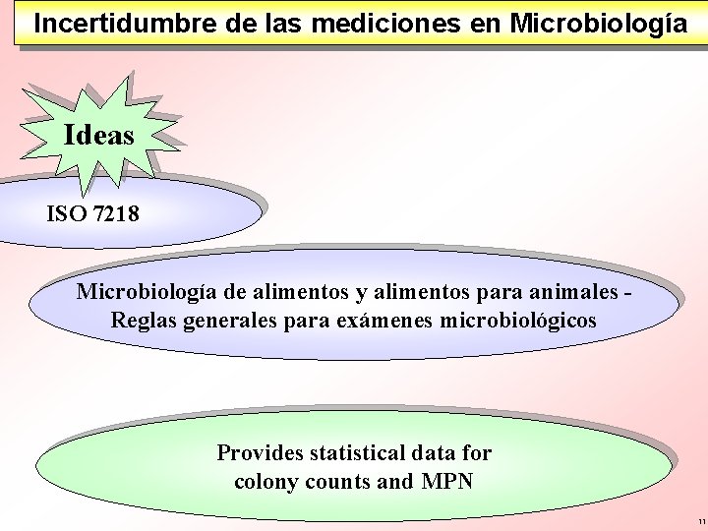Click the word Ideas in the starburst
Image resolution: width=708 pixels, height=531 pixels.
[98, 135]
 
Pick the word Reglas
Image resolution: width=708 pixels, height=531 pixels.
[144, 321]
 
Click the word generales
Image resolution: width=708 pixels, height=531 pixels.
[232, 321]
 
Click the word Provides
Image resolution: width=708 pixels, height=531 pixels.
[260, 453]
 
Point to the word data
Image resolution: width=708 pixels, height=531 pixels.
[436, 453]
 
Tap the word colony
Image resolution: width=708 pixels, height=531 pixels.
[266, 482]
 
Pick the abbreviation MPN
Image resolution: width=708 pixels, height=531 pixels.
[447, 482]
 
